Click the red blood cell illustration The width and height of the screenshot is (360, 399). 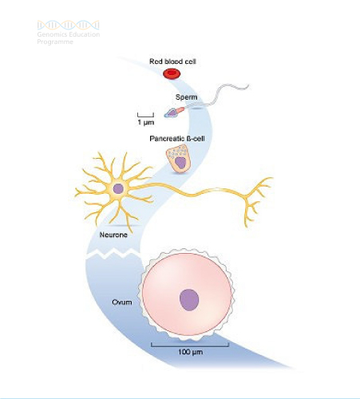pos(172,73)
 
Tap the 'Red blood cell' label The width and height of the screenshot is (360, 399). pos(172,61)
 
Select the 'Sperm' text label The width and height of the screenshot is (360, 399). pos(186,97)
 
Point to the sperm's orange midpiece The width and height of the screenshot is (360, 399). pos(180,109)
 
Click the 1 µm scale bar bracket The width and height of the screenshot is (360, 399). pos(145,115)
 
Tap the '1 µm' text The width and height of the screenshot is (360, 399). pos(146,122)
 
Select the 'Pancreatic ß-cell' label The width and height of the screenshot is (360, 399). pos(177,139)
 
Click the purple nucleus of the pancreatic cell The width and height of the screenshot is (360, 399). pos(180,163)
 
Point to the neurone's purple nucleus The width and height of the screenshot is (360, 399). pos(118,188)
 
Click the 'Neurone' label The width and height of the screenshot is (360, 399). pos(113,235)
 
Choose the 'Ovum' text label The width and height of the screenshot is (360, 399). pos(122,302)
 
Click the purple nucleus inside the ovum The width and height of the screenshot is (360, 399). pos(189,300)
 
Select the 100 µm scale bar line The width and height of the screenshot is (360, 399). pos(190,346)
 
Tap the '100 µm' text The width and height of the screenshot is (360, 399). pos(190,352)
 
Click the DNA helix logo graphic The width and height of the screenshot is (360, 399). pos(68,25)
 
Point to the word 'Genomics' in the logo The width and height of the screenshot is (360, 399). pos(51,34)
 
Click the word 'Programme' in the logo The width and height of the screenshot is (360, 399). pos(55,41)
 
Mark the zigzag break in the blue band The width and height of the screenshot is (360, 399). pos(113,253)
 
